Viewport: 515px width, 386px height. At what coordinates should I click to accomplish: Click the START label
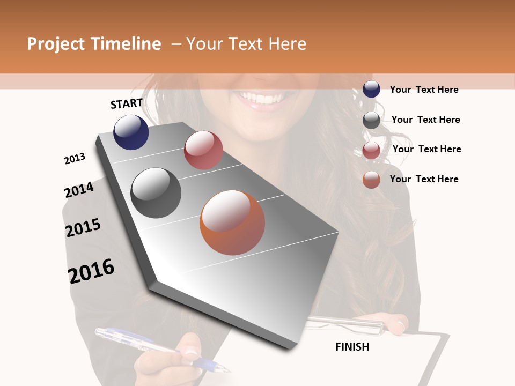point(127,103)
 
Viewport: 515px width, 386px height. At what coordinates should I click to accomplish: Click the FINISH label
point(352,347)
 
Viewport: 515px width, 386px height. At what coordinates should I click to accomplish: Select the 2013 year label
point(75,159)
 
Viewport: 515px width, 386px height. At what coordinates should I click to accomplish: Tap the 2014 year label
point(79,190)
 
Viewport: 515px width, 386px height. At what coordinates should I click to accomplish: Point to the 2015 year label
point(83,228)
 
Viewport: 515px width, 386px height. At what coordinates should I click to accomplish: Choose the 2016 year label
point(91,271)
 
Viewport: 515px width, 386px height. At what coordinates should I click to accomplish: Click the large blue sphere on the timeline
point(131,132)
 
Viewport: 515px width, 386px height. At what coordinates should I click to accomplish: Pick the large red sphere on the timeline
point(203,150)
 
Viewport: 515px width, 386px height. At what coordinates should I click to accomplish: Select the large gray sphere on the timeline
point(156,193)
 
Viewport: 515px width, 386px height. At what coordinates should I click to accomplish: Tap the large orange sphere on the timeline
point(232,222)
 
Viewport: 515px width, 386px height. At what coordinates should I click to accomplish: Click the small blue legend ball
point(371,90)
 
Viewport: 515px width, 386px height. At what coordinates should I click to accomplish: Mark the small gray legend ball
point(371,120)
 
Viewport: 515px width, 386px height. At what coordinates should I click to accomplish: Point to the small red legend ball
point(371,150)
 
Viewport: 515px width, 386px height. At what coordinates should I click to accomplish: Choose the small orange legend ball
point(371,180)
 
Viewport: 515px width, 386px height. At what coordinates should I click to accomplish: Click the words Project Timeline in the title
point(94,44)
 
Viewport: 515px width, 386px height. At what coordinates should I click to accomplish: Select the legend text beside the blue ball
point(424,90)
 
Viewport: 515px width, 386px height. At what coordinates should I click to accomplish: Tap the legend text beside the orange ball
point(424,179)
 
